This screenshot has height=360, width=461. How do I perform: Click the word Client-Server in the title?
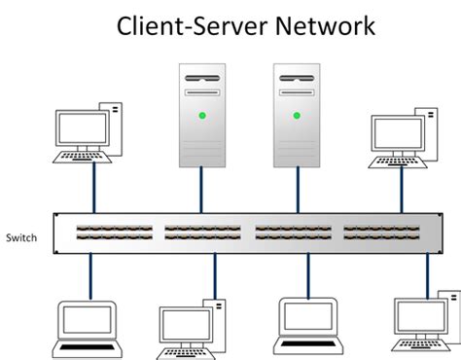tap(185, 26)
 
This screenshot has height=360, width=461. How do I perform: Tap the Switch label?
tap(21, 236)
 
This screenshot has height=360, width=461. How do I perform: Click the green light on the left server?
tap(201, 117)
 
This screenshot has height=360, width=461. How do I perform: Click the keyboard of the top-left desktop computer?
tap(81, 156)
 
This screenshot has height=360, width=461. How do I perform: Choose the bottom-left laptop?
tap(89, 327)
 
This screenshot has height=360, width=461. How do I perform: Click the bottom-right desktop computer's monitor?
tap(418, 316)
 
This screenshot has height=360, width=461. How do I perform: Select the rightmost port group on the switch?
tap(383, 234)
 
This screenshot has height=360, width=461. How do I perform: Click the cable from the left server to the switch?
tap(201, 189)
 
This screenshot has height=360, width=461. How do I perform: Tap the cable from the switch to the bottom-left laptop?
tap(90, 277)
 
